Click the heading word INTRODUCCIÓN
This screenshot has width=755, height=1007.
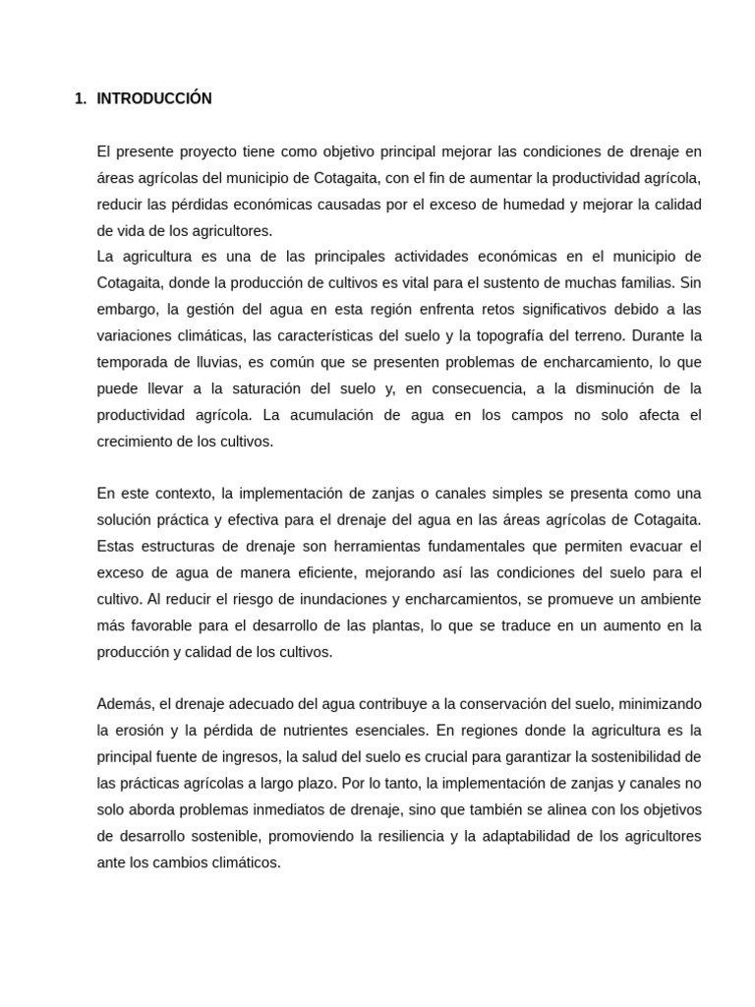pyautogui.click(x=154, y=98)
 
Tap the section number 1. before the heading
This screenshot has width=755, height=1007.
pyautogui.click(x=81, y=98)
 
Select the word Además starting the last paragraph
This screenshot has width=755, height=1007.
pyautogui.click(x=126, y=704)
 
